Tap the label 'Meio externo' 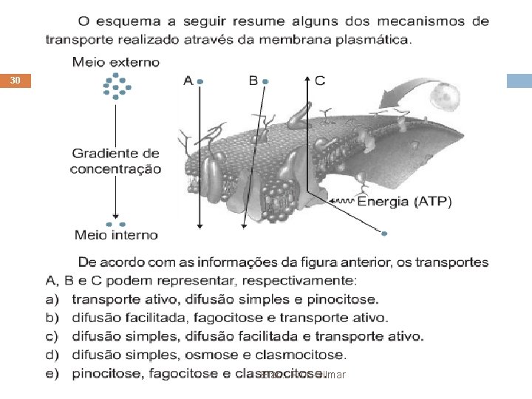[115, 63]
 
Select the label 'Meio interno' [116, 235]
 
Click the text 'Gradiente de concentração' [116, 161]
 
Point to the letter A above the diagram [188, 81]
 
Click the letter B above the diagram [253, 81]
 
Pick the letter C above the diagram [319, 81]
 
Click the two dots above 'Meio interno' [116, 223]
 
